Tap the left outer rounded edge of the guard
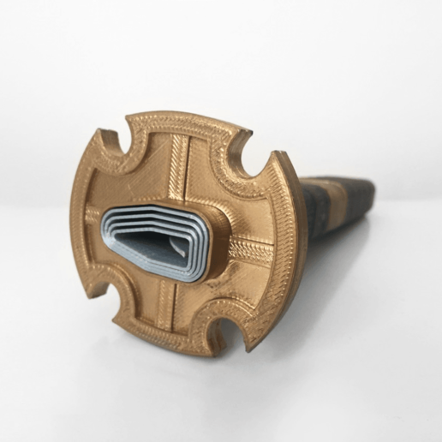[x=79, y=214]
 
